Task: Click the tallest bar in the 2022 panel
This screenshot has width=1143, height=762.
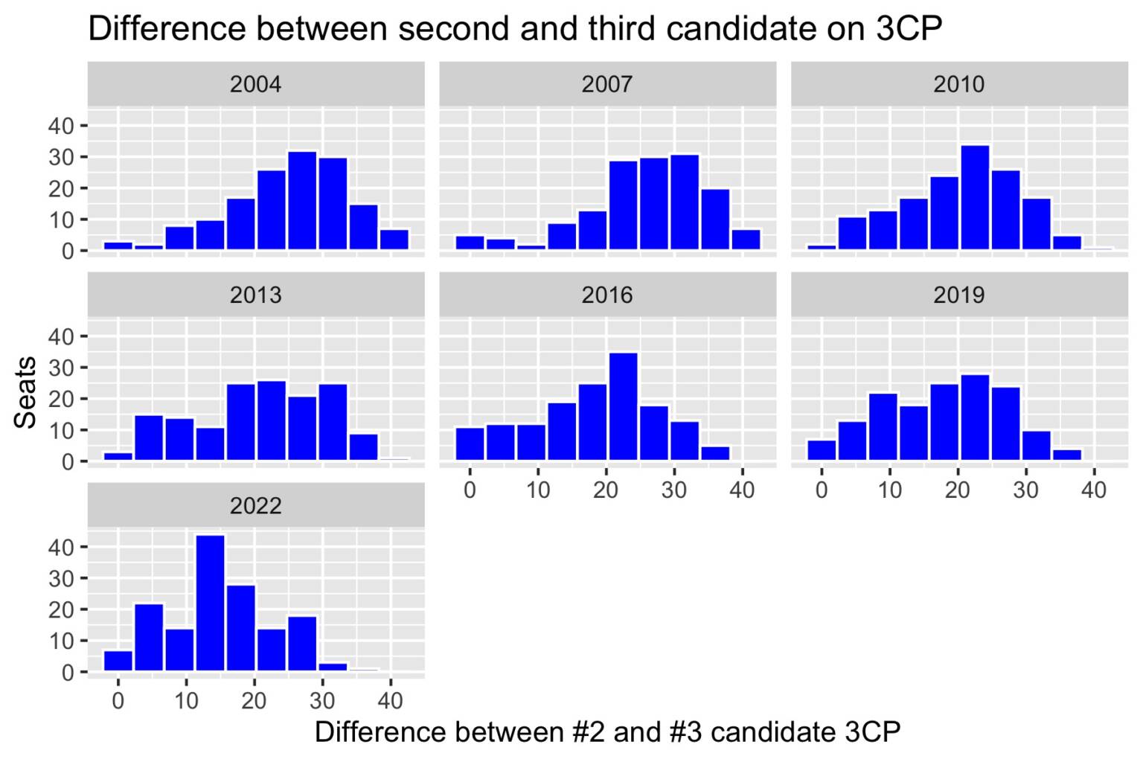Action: coord(210,603)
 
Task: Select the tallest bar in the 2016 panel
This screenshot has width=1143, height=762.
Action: coord(624,406)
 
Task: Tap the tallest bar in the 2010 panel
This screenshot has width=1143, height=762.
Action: coord(975,197)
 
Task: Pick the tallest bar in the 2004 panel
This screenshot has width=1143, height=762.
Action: coord(302,201)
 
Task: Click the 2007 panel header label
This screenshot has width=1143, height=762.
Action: coord(607,84)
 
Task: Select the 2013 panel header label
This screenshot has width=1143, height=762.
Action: coord(255,295)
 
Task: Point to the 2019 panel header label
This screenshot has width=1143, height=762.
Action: coord(958,295)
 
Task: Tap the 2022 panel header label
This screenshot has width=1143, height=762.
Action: coord(255,506)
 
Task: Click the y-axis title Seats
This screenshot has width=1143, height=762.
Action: coord(26,392)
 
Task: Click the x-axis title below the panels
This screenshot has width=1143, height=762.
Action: coord(607,732)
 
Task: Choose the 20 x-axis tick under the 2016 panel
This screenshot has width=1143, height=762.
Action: coord(606,490)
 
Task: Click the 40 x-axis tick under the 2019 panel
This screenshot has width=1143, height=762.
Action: coord(1094,490)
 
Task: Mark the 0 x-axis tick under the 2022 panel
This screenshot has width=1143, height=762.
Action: coord(118,701)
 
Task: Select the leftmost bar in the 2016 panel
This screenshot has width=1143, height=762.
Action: coord(470,444)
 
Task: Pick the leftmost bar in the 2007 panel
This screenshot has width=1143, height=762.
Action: coord(470,243)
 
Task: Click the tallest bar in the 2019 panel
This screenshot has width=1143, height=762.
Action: coord(975,417)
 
